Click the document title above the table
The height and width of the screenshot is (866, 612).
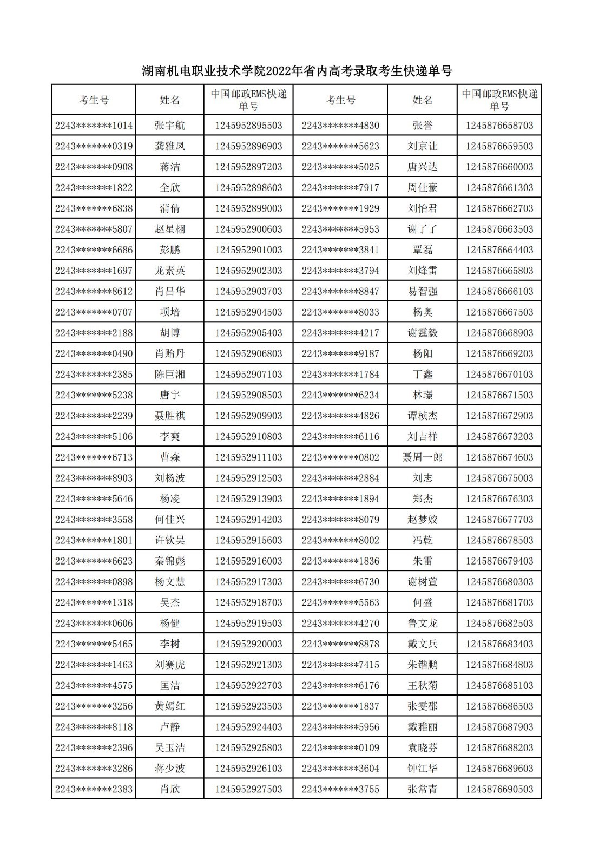tap(297, 71)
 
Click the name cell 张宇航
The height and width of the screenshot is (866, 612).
tap(170, 126)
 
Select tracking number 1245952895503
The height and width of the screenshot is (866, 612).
tap(248, 126)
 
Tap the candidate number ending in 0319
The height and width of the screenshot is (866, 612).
tap(94, 146)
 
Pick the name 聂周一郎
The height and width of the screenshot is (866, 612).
tap(422, 457)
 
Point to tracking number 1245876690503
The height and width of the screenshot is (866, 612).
tap(499, 789)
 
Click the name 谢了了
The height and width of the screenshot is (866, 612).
tap(422, 229)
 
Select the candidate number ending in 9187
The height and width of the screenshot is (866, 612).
tap(340, 353)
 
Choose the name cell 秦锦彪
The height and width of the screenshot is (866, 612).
tap(170, 561)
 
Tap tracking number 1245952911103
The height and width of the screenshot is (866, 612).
tap(248, 457)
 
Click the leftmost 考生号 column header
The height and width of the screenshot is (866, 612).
tap(94, 100)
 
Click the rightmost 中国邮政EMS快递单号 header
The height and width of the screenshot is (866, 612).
tap(499, 100)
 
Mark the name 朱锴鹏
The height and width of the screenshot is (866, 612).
tap(422, 665)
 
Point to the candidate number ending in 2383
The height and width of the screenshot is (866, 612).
tap(94, 789)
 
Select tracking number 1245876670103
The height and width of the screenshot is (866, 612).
tap(499, 374)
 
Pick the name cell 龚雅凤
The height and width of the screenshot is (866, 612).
tap(170, 146)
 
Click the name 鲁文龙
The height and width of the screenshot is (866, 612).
tap(422, 623)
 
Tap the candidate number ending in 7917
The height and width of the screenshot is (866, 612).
tap(340, 188)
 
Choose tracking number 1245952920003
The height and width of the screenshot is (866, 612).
tap(248, 644)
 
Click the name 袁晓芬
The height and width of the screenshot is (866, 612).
tap(422, 747)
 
